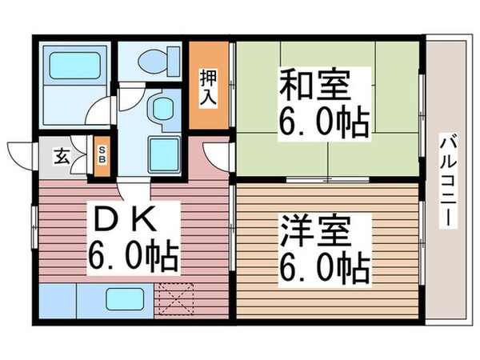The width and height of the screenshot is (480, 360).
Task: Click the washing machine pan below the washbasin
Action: point(165,150)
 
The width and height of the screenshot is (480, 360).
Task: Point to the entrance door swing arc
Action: point(20,152)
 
